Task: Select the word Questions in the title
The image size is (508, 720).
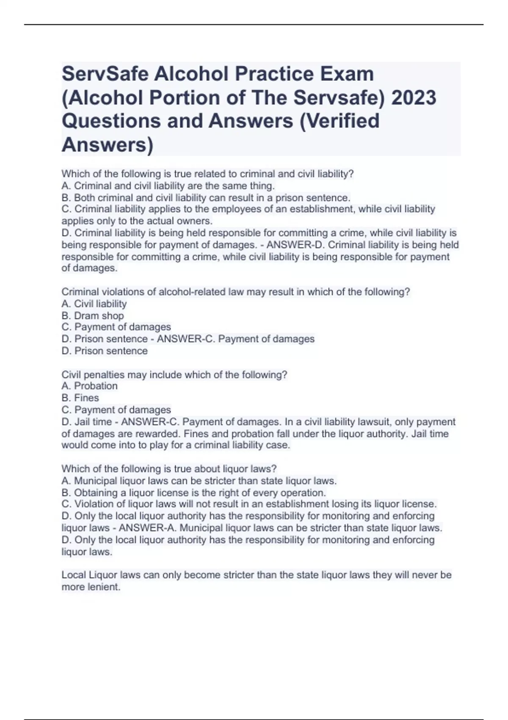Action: pyautogui.click(x=110, y=121)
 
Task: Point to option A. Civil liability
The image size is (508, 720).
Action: pyautogui.click(x=94, y=304)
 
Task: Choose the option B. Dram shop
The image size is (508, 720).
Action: pyautogui.click(x=93, y=316)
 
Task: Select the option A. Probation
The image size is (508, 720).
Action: pyautogui.click(x=89, y=386)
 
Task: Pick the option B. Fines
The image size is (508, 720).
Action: pyautogui.click(x=80, y=398)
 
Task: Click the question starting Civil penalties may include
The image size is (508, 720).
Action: pyautogui.click(x=174, y=374)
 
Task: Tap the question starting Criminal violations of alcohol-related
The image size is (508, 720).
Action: pyautogui.click(x=236, y=292)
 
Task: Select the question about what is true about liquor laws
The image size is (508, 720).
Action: pyautogui.click(x=169, y=469)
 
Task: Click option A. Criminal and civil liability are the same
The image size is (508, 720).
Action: pyautogui.click(x=168, y=186)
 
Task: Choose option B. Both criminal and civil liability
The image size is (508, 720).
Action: pyautogui.click(x=206, y=197)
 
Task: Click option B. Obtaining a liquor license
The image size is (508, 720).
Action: pyautogui.click(x=194, y=493)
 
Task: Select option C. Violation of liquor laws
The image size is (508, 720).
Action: pyautogui.click(x=249, y=504)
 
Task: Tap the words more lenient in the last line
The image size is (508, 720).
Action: pyautogui.click(x=91, y=587)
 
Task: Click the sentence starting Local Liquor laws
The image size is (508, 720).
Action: pyautogui.click(x=256, y=575)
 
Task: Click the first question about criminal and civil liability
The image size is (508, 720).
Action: pyautogui.click(x=207, y=174)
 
